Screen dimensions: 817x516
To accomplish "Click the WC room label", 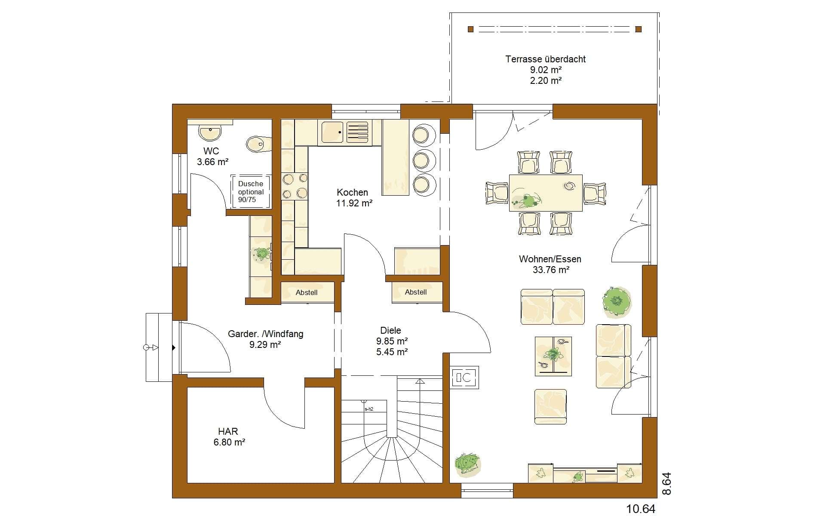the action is (x=211, y=151).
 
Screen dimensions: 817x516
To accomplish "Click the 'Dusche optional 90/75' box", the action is (x=251, y=191).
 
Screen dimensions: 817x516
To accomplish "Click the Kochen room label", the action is (x=352, y=192).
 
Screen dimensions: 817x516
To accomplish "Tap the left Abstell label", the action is (x=307, y=292).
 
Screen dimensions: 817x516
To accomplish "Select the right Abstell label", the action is (x=416, y=292).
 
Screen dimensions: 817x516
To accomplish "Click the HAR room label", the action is (x=228, y=431).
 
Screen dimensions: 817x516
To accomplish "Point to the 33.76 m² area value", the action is (x=551, y=270).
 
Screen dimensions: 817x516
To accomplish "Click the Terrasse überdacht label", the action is (x=546, y=59).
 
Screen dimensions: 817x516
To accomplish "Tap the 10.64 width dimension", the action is (x=641, y=509).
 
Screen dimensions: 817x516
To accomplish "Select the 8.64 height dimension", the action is (x=666, y=484).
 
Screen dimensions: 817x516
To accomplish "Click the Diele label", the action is (x=390, y=330).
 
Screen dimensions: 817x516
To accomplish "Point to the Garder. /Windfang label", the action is (x=265, y=334).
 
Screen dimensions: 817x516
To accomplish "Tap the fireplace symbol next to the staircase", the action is (x=464, y=378).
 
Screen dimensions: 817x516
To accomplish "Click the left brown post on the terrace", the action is (x=470, y=29).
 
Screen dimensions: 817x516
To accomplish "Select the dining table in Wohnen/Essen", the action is (x=546, y=193).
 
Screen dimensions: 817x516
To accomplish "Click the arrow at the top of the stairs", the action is (x=420, y=381).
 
